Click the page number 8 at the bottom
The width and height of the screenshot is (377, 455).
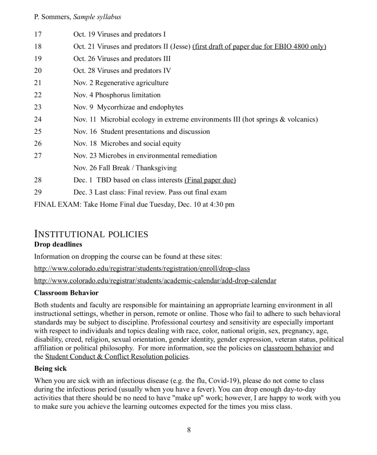[189, 430]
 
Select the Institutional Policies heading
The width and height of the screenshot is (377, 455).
[91, 234]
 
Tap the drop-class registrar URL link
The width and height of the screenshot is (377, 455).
[142, 269]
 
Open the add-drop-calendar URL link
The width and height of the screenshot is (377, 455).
[155, 281]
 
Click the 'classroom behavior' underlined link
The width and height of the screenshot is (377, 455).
[292, 348]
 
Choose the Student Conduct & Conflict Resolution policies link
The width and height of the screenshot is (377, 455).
[117, 357]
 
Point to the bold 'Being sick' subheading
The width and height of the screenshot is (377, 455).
[50, 369]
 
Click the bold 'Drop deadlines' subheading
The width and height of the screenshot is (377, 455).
[58, 245]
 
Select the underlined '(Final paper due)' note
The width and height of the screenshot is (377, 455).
[210, 180]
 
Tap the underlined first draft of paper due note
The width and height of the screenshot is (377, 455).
[259, 46]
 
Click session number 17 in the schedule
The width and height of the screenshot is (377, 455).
[38, 34]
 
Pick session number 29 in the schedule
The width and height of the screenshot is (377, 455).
[38, 192]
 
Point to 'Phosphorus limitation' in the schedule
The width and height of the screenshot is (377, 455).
[128, 95]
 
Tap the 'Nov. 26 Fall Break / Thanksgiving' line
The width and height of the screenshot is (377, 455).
[125, 168]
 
